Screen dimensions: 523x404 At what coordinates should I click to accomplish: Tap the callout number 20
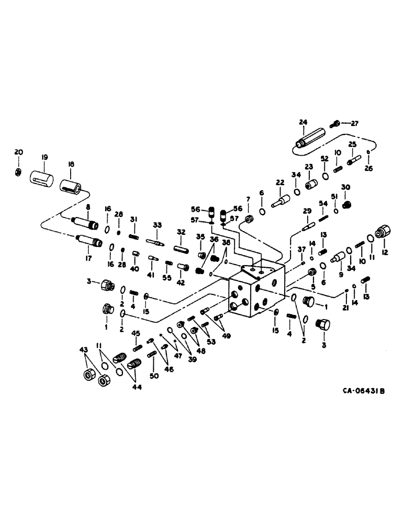19,152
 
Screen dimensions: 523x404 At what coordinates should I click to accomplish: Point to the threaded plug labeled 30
345,204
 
